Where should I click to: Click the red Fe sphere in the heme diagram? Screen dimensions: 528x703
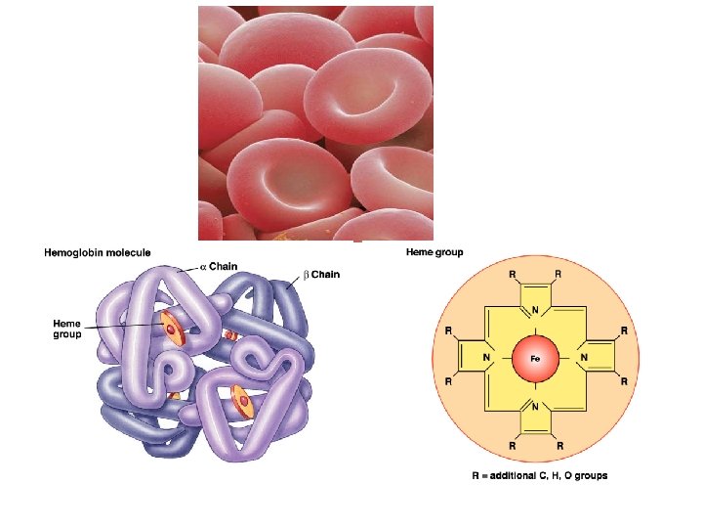[x=535, y=358]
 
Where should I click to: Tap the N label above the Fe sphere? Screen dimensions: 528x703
[x=535, y=311]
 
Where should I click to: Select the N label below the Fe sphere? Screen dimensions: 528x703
[x=535, y=405]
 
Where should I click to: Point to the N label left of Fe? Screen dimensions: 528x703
[x=486, y=358]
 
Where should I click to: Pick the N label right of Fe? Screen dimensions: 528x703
[x=584, y=358]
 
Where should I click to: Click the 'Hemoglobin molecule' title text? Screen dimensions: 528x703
[x=98, y=252]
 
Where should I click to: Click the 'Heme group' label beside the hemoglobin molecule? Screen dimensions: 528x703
[x=67, y=328]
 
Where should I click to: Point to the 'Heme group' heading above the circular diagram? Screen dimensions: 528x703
[x=434, y=252]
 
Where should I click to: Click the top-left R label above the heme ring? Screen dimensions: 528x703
[x=512, y=274]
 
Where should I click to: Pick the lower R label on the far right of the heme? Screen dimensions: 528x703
[x=623, y=383]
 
